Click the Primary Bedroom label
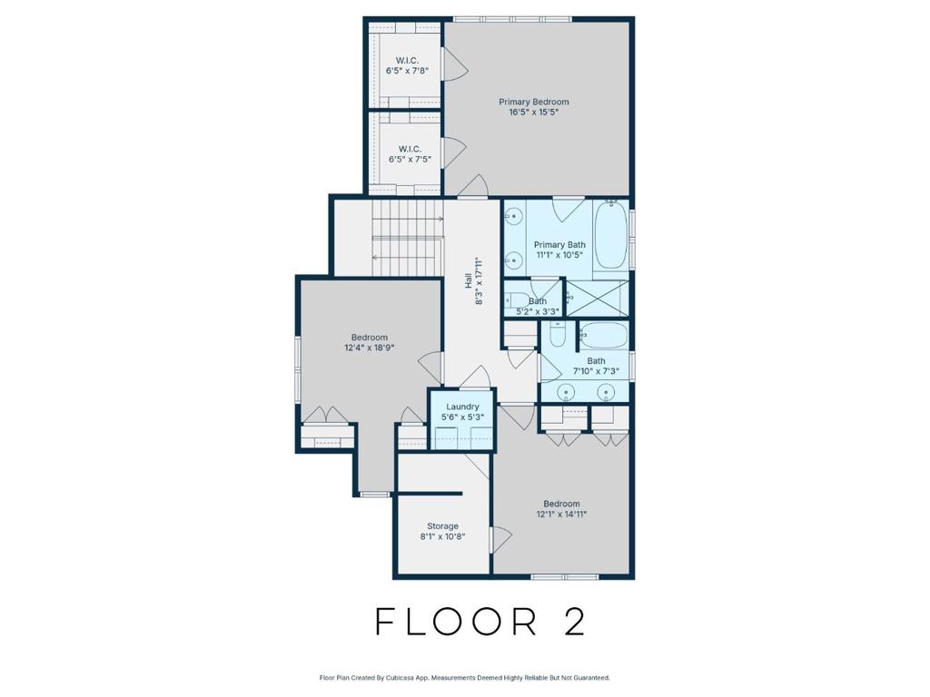tap(533, 102)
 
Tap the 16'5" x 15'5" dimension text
tap(534, 112)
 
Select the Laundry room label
tap(462, 407)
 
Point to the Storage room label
tap(442, 526)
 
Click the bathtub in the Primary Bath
tap(611, 235)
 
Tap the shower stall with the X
tap(598, 298)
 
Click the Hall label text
tap(468, 281)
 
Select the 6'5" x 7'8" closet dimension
tap(407, 71)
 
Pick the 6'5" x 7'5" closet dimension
tap(410, 159)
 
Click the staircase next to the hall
tap(408, 238)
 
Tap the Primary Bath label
tap(559, 245)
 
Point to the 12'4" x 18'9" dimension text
tap(370, 348)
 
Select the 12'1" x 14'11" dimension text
tap(561, 514)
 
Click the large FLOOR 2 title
tap(480, 622)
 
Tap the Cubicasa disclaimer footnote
tap(464, 677)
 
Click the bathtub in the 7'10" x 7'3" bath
tap(604, 336)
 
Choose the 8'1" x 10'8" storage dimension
tap(442, 536)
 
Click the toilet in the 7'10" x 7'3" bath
tap(559, 335)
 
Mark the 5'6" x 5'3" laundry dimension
tap(462, 417)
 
